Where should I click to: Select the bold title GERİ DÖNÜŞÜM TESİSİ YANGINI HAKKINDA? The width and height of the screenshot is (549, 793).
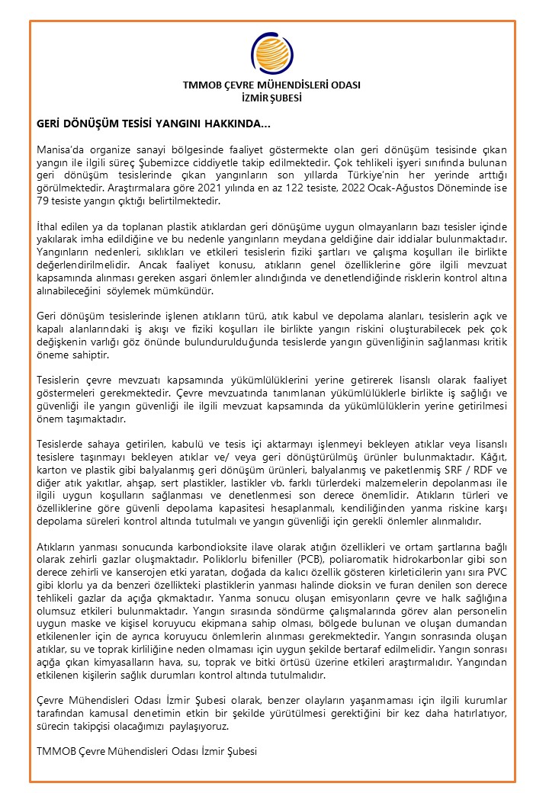click(x=152, y=123)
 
